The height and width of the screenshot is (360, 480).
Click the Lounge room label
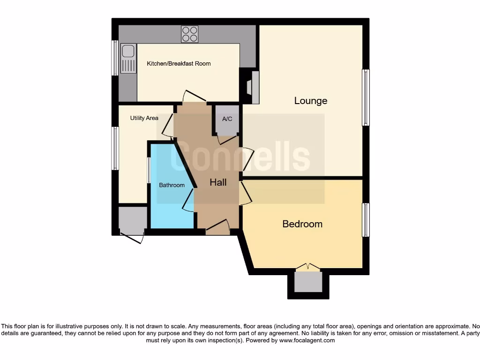[310, 101]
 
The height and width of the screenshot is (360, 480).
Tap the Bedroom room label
[302, 224]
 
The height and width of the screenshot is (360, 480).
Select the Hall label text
[218, 183]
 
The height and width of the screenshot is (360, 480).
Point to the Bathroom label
[172, 185]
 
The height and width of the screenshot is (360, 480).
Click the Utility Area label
[144, 118]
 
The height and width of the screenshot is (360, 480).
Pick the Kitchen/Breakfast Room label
[179, 64]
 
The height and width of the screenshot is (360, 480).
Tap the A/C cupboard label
[227, 119]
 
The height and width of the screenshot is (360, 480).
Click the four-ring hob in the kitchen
[189, 34]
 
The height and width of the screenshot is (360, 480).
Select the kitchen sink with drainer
[127, 58]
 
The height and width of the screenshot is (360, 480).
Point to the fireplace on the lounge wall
[253, 87]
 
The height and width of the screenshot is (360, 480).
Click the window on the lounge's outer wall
[366, 97]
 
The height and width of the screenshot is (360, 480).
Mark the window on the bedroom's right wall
[366, 220]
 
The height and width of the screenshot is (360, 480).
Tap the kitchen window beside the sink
[114, 58]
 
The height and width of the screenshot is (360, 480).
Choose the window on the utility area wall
[114, 148]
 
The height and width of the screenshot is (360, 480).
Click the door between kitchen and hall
[194, 96]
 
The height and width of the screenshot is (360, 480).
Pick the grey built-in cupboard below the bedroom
[308, 282]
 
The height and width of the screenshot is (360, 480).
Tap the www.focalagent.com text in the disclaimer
[308, 340]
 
